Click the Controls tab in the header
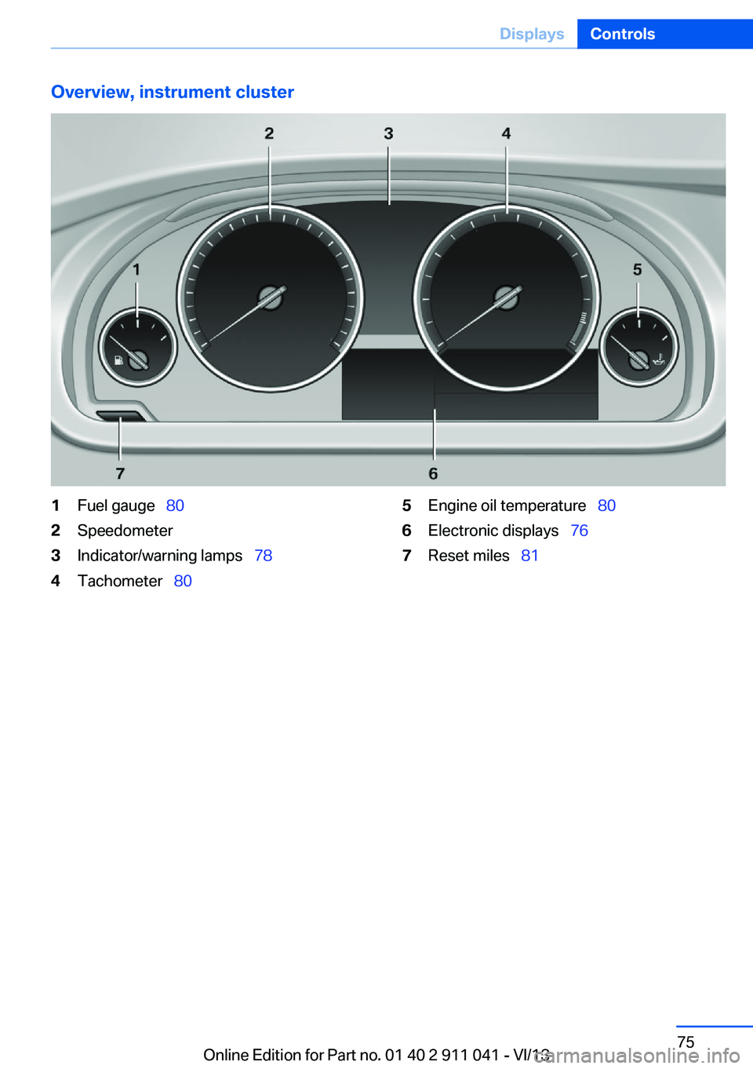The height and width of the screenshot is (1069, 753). tap(622, 34)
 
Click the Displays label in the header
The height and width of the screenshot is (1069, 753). tap(532, 34)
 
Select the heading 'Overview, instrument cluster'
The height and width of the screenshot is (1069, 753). tap(172, 92)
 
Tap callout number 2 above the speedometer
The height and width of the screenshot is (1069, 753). tap(270, 133)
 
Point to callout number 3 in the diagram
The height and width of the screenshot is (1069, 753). tap(389, 133)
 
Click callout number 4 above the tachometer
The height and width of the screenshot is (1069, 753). tap(507, 133)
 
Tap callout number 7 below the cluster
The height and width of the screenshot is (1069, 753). tap(120, 473)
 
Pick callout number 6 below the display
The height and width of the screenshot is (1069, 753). tap(433, 473)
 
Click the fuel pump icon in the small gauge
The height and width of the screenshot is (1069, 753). tap(118, 359)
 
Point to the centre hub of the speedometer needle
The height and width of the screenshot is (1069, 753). tap(271, 297)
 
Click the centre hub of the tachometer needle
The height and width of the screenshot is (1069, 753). tap(507, 297)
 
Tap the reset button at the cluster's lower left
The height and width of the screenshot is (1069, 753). tap(120, 416)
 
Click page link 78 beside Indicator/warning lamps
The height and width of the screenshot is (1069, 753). tap(264, 556)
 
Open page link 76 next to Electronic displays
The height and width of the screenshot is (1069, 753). tap(580, 531)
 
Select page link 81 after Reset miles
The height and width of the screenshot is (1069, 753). tap(529, 556)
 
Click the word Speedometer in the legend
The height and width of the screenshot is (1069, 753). tap(125, 531)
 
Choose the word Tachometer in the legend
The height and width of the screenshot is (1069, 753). tap(120, 581)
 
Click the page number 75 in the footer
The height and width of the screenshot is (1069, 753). tap(686, 1041)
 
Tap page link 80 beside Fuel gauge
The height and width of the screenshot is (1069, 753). tap(175, 505)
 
